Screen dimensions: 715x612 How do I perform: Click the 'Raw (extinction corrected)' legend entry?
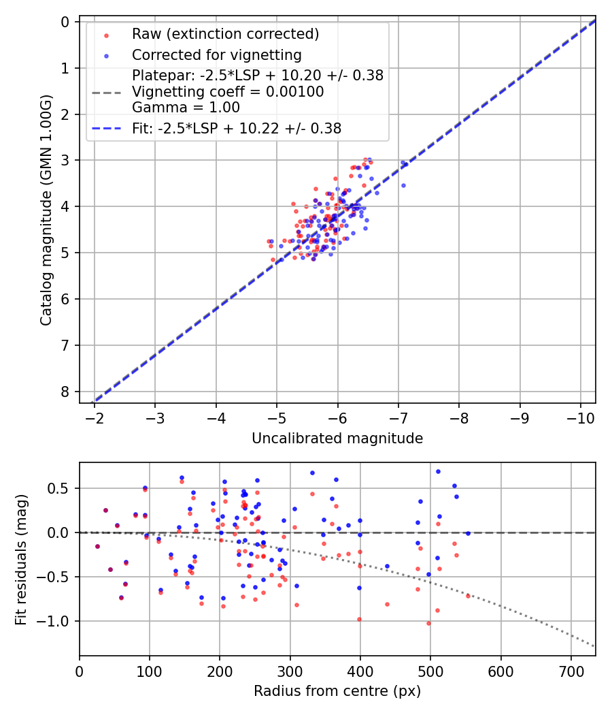click(225, 34)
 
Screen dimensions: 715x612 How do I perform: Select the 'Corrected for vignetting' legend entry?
click(217, 54)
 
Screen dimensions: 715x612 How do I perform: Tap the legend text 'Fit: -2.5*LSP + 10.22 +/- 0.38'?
click(237, 128)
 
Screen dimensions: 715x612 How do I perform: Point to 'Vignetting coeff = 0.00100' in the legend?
click(228, 91)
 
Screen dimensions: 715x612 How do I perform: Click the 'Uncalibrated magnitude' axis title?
click(337, 439)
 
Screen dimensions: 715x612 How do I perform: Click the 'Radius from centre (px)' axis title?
click(337, 691)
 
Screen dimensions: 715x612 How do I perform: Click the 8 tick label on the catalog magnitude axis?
click(65, 392)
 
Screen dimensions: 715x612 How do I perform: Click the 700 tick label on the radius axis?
click(571, 671)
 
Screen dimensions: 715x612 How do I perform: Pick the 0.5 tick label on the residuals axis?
click(60, 488)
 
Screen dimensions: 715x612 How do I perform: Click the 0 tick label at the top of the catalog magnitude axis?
click(65, 22)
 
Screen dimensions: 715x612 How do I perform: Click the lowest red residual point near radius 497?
click(428, 623)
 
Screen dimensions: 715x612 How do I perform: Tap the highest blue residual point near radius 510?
click(438, 471)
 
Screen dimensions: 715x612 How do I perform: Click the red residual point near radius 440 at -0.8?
click(387, 604)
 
